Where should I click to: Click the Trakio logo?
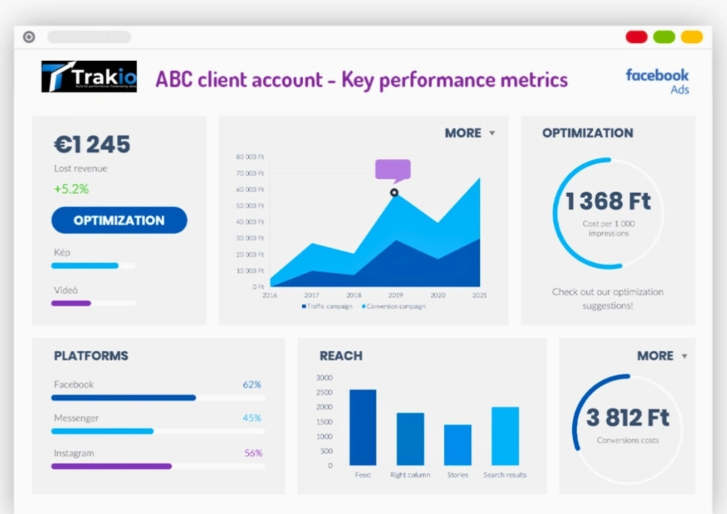[x=89, y=76]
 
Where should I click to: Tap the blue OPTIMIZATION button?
[x=119, y=220]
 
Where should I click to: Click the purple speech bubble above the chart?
[x=393, y=170]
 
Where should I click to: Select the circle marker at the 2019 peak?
[x=394, y=192]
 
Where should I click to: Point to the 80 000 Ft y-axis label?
[x=250, y=157]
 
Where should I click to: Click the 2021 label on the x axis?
[x=479, y=295]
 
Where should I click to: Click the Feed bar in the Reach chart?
[x=362, y=427]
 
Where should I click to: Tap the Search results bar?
[x=505, y=436]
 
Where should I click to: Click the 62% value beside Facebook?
[x=252, y=384]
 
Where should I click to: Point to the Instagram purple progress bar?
[x=112, y=466]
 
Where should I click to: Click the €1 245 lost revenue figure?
[x=92, y=145]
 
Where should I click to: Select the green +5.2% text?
[x=71, y=189]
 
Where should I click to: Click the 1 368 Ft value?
[x=608, y=201]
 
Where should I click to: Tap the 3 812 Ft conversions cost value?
[x=628, y=418]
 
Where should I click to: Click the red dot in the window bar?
[x=636, y=36]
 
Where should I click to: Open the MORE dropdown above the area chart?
[x=470, y=133]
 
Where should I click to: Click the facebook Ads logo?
[x=657, y=80]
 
